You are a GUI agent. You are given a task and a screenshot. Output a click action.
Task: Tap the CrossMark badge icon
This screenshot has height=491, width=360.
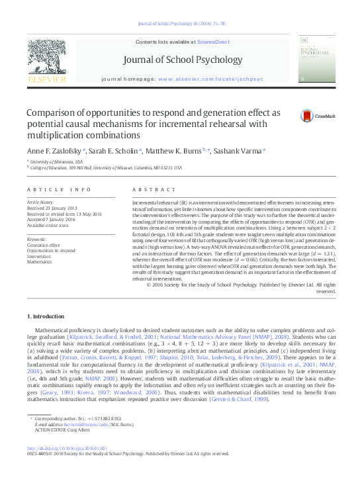pyautogui.click(x=307, y=116)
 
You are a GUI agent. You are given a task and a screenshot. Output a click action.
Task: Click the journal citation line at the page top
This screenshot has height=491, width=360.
pyautogui.click(x=180, y=24)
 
